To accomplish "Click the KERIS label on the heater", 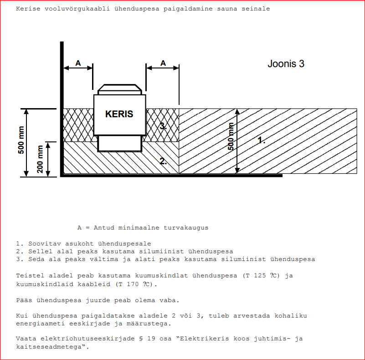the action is [119, 114].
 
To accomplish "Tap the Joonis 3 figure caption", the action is [286, 63].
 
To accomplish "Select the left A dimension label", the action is [78, 63].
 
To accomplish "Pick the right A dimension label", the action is [163, 63].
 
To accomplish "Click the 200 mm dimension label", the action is [40, 159].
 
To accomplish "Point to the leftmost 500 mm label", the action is [21, 140].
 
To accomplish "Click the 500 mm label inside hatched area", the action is [231, 136].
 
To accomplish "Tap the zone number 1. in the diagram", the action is [262, 140].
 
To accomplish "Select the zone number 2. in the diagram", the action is [163, 161].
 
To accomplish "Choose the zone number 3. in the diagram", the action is [163, 126].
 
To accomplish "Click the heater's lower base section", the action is [120, 144].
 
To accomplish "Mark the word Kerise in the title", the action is [28, 9].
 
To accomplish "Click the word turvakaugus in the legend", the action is [186, 228].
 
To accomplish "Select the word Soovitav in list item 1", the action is [45, 244].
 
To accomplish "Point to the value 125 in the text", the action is [260, 276].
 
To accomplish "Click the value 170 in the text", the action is [133, 284].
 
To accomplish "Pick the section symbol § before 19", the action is [141, 339].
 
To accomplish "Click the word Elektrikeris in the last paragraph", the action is [205, 339].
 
